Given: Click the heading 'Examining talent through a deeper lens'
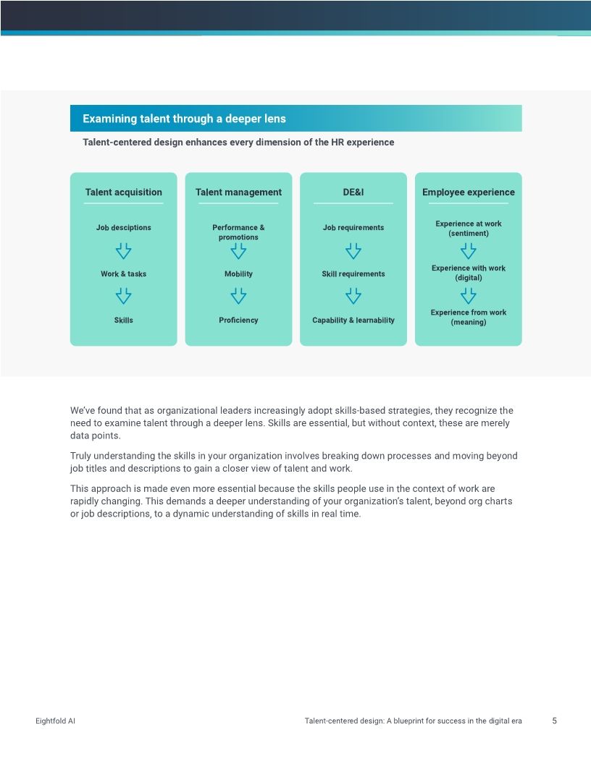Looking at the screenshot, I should click(184, 119).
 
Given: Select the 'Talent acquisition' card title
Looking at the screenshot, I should click(123, 192).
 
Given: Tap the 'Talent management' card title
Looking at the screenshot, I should click(238, 192).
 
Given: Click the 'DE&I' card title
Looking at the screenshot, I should click(353, 192).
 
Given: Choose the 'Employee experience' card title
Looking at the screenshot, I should click(468, 192).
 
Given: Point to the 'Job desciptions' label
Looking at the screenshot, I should click(123, 228).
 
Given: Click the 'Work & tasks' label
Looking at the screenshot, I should click(123, 274).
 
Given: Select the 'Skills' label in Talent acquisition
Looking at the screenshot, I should click(123, 320).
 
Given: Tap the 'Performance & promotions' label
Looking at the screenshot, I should click(238, 232).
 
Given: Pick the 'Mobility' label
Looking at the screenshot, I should click(238, 274).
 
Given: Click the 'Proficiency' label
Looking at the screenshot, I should click(238, 320).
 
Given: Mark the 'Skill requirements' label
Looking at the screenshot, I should click(353, 274).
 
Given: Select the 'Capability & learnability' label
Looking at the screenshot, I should click(353, 320).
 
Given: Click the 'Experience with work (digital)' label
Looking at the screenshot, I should click(468, 273).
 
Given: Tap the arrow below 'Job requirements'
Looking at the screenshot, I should click(353, 251).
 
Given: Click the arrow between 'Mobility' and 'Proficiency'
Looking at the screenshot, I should click(238, 296).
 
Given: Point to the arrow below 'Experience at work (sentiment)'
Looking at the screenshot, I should click(468, 251).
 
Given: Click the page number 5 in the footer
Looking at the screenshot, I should click(554, 721).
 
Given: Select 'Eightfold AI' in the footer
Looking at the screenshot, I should click(55, 721).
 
